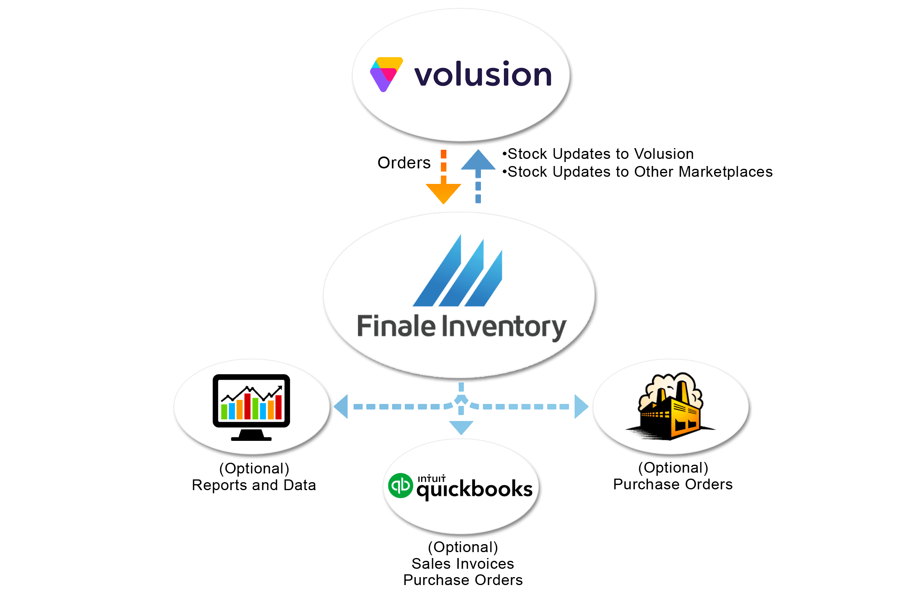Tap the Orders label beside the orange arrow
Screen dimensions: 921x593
404,162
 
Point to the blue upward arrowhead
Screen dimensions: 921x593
478,160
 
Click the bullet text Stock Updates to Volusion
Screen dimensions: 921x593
598,154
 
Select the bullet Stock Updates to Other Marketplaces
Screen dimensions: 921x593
637,172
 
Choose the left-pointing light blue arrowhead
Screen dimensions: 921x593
341,406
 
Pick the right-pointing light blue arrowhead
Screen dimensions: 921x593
582,406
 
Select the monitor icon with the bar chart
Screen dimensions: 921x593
252,407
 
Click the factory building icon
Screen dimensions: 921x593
670,406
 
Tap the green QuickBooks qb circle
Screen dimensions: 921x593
400,485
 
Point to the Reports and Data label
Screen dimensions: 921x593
254,485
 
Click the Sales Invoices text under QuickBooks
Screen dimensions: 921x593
463,564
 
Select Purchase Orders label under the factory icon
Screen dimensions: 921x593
673,484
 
